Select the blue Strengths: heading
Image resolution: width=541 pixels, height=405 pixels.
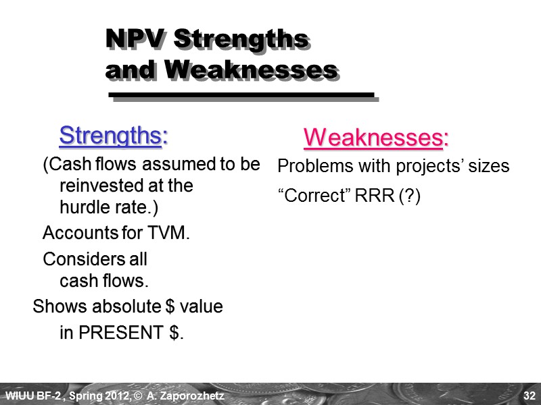(114, 135)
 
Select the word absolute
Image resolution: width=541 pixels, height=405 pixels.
(128, 306)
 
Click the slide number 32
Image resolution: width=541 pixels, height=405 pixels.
(529, 395)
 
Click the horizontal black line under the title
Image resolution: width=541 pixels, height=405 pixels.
(241, 95)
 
